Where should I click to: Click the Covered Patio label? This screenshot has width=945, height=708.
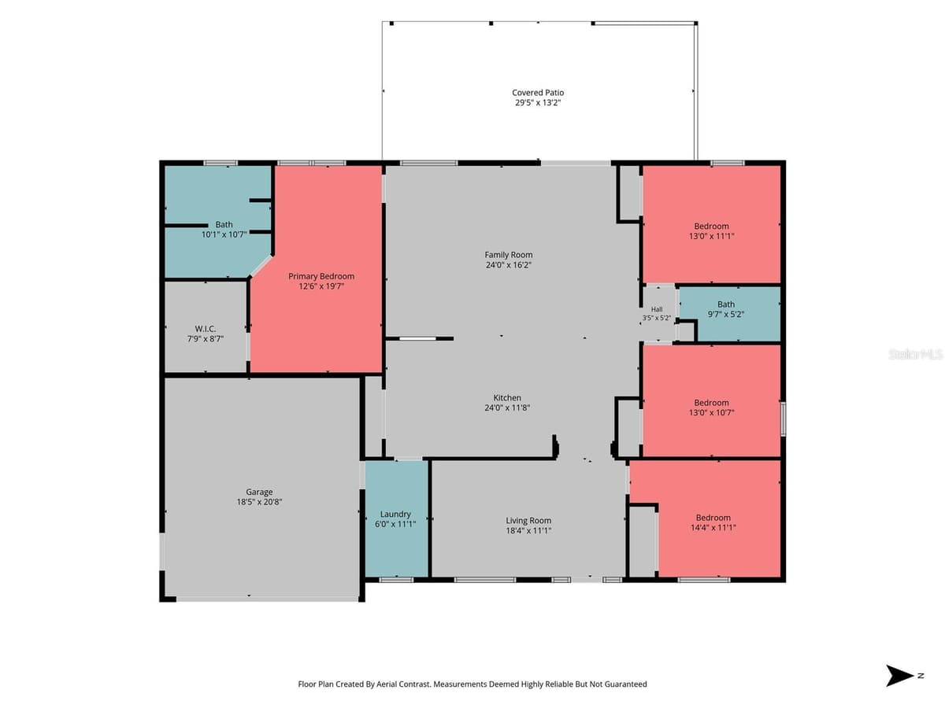pos(538,92)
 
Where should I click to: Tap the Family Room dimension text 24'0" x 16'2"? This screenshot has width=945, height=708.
pos(509,265)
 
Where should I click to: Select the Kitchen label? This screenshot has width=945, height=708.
pos(507,397)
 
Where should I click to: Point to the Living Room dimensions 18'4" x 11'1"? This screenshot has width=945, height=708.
pos(528,530)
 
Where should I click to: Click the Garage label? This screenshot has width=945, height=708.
pos(259,492)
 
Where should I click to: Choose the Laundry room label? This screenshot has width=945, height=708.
pos(395,514)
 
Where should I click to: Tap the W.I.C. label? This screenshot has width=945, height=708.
pos(206,329)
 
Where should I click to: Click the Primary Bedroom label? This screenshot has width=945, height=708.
pos(321,276)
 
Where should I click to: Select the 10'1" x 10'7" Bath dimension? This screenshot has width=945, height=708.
pos(224,234)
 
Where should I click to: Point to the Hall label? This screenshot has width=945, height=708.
pos(657,309)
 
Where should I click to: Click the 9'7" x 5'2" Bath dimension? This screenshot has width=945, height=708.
pos(726,314)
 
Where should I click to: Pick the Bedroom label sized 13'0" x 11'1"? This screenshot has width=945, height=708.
pos(711,226)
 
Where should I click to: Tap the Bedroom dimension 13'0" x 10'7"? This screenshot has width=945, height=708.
pos(711,413)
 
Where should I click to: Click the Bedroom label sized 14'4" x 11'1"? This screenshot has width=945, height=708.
pos(713,518)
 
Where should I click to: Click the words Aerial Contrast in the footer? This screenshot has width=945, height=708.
pos(403,684)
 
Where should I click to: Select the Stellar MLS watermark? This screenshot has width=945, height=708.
pos(916,354)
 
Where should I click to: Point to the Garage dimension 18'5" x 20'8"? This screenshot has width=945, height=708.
pos(259,502)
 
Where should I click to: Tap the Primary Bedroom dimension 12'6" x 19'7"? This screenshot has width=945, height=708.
pos(321,286)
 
